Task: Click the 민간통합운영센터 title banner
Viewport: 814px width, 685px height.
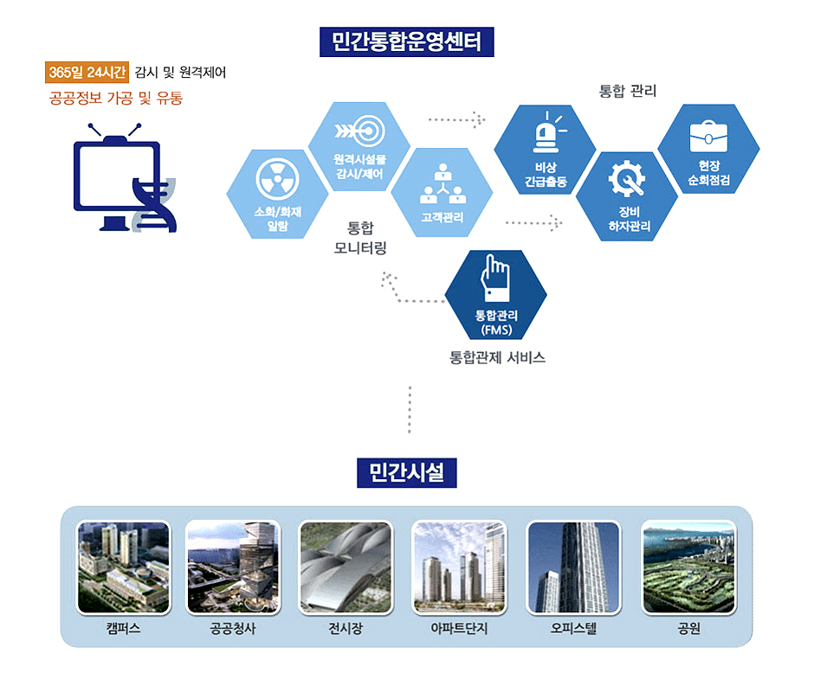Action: coord(406,42)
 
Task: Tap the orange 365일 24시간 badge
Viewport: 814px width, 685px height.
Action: coord(87,72)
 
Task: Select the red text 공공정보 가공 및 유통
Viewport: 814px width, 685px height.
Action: coord(116,98)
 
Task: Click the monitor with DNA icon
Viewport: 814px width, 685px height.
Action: coord(125,177)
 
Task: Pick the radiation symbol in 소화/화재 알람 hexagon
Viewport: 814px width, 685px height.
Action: coord(278,179)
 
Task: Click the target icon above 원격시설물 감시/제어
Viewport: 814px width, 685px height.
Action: coord(359,131)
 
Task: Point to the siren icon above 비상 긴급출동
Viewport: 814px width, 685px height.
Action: coord(547,131)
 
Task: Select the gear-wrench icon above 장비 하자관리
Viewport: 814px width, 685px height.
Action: coord(627,178)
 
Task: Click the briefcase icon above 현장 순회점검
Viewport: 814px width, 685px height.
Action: coord(708,136)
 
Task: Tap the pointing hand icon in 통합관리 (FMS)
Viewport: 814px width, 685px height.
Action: coord(495,278)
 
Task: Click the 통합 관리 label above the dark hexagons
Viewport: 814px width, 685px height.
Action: coord(628,92)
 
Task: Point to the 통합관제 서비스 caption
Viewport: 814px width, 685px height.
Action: coord(497,357)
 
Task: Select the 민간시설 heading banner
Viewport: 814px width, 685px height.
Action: coord(406,473)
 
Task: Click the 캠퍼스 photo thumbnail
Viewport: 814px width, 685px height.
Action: coord(124,567)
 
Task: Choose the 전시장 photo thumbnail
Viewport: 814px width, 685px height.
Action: coord(346,567)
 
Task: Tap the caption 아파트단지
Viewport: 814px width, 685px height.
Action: coord(459,629)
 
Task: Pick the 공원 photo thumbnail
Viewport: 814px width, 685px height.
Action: coord(689,567)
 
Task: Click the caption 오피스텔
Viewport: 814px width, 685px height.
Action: coord(573,629)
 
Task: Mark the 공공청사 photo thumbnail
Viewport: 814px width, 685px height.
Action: coord(233,567)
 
